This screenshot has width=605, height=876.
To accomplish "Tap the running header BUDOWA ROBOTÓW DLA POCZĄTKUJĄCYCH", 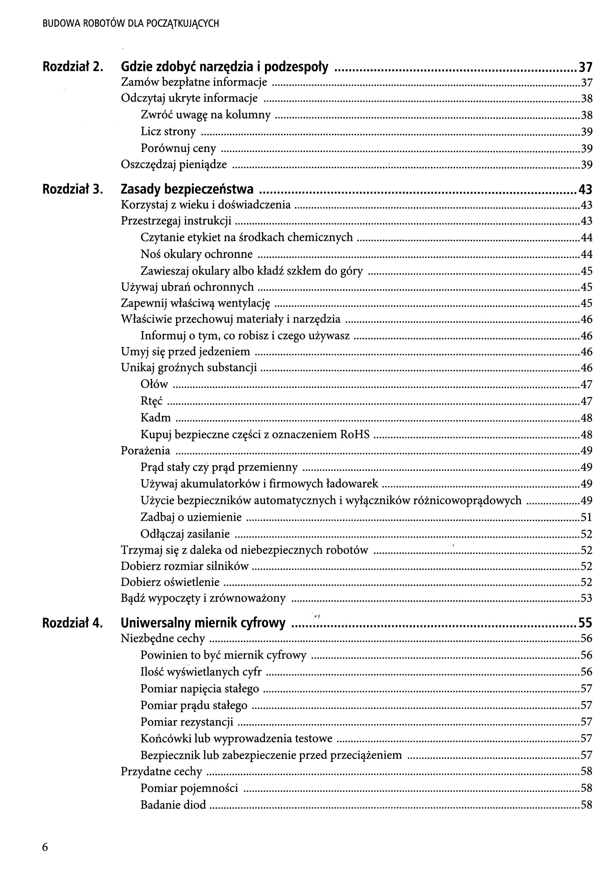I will [x=131, y=24].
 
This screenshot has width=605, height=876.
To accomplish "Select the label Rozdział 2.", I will [x=72, y=67].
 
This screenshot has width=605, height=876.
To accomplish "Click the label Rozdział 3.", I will [x=72, y=189].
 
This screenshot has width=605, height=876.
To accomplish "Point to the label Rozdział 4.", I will [x=72, y=622].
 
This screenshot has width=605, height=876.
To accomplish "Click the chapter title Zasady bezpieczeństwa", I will [x=187, y=189].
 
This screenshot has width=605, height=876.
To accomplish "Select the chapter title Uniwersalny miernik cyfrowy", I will [x=203, y=622].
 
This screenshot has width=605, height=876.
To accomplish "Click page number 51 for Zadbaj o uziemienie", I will [x=586, y=517].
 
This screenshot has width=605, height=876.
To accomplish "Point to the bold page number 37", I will [x=585, y=67].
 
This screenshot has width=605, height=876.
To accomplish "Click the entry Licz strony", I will [x=168, y=132].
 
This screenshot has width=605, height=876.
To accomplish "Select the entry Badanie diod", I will [x=173, y=804].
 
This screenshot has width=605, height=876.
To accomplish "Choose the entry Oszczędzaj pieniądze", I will [x=174, y=164].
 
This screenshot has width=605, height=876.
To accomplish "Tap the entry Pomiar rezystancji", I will [x=187, y=722].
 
